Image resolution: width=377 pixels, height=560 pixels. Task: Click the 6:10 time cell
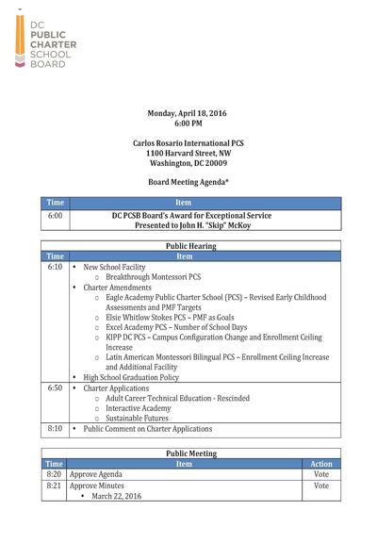[x=55, y=267]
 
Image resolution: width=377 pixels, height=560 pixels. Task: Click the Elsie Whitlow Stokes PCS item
[x=176, y=320]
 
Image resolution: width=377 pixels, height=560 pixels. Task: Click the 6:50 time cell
[x=55, y=387]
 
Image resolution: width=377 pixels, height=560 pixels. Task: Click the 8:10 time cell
[x=55, y=429]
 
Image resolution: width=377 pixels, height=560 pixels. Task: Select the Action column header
[x=321, y=464]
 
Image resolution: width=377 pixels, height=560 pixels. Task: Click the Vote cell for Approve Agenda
[x=321, y=474]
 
